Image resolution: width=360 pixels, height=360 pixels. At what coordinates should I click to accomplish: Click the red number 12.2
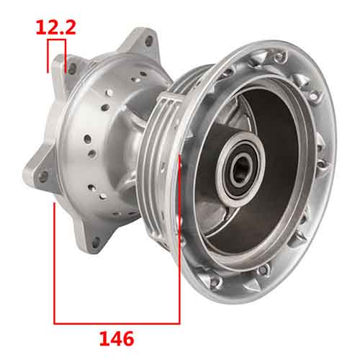(57, 28)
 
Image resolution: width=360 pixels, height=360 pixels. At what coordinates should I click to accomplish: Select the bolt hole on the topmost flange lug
(147, 41)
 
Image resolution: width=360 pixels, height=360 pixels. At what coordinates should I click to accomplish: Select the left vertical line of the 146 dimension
(55, 259)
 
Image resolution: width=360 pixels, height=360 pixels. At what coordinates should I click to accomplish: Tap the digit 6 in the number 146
(130, 336)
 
